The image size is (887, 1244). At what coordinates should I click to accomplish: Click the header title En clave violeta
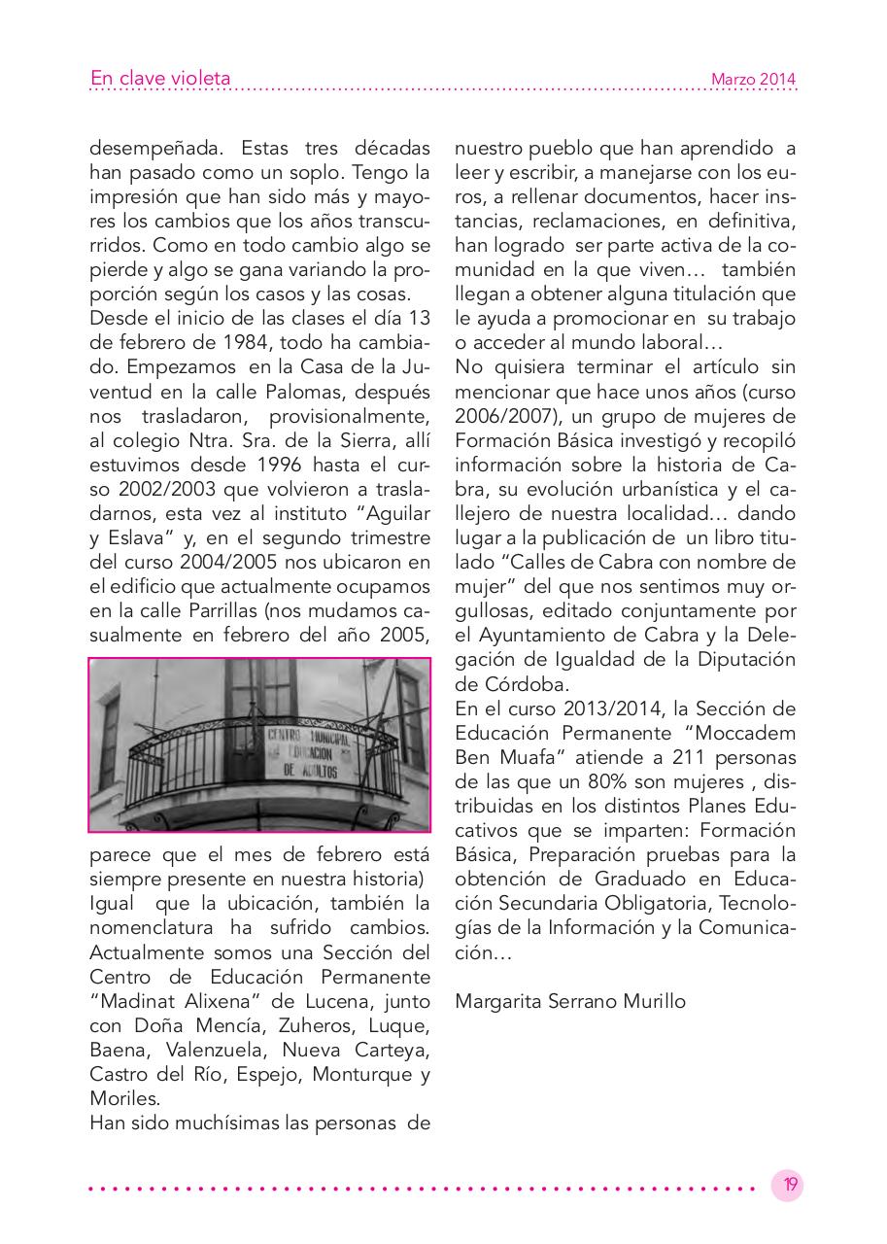pos(160,79)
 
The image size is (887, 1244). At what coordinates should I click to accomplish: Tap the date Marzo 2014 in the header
pos(753,80)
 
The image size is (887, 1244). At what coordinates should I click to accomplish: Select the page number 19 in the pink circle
pos(789,1185)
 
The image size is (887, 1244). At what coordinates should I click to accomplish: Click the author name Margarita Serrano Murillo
pos(570,1000)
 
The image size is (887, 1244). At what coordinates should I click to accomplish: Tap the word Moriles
pos(124,1098)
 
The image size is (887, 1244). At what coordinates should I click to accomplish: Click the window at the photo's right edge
pos(411,719)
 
